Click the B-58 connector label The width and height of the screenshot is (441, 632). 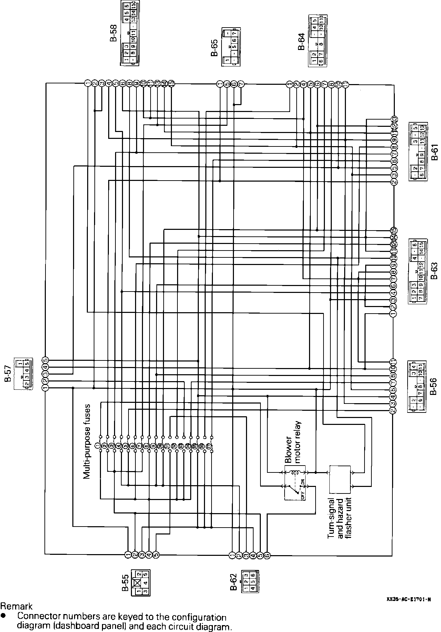(113, 33)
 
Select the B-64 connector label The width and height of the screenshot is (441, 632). (301, 42)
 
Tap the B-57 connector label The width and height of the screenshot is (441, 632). (8, 374)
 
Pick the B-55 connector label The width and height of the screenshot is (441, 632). (125, 582)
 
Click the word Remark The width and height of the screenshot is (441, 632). (16, 606)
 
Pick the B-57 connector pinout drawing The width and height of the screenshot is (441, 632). (23, 374)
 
